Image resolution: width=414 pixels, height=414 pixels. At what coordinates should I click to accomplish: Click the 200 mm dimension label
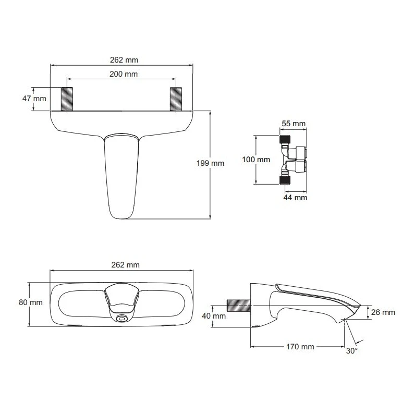tap(124, 74)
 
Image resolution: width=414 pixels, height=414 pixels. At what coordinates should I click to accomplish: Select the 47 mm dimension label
tap(34, 99)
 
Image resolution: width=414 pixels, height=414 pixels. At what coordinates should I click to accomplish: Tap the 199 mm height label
tap(211, 163)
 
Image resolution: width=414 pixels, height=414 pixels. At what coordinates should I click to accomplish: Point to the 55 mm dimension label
tap(293, 124)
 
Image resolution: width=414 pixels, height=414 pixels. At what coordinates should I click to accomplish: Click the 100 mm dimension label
tap(255, 160)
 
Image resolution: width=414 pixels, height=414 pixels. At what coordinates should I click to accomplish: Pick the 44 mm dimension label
tap(295, 198)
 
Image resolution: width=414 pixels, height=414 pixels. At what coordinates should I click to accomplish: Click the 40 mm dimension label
tap(213, 316)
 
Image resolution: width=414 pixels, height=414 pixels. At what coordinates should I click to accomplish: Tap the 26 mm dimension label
tap(383, 312)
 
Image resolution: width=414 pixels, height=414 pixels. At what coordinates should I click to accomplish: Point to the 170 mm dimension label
tap(299, 347)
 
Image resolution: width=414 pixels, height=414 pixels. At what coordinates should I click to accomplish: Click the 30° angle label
tap(352, 351)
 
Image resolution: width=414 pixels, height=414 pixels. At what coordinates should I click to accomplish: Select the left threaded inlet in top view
tap(67, 99)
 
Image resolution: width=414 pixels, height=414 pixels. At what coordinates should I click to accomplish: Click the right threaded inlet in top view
tap(176, 99)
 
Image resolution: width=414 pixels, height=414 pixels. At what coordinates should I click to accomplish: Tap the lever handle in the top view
tap(122, 175)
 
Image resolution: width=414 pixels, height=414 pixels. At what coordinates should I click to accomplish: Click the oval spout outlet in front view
tap(122, 318)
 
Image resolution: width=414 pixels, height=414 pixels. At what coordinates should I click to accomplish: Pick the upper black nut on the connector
tap(285, 139)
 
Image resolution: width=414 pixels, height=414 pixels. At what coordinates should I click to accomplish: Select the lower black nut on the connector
tap(285, 180)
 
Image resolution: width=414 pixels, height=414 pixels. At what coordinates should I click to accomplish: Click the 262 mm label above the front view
tap(125, 264)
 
